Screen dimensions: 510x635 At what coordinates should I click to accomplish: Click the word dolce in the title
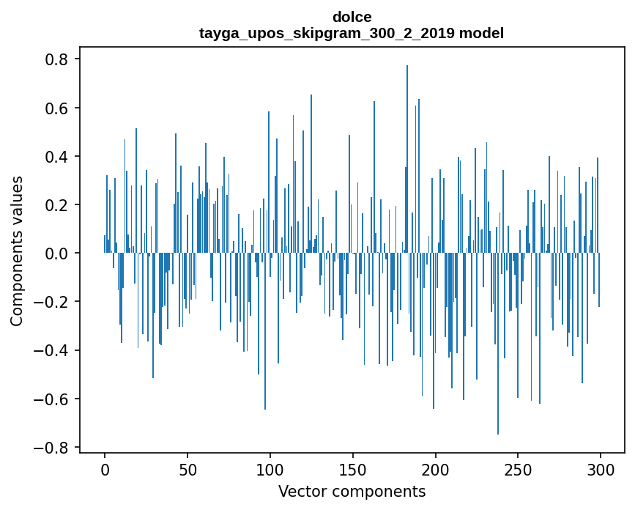[x=352, y=17]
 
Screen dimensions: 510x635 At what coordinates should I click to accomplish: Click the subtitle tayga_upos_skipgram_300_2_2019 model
[x=352, y=33]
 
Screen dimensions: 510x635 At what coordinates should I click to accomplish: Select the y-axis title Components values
[x=17, y=251]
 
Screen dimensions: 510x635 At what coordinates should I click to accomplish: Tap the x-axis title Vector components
[x=352, y=491]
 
